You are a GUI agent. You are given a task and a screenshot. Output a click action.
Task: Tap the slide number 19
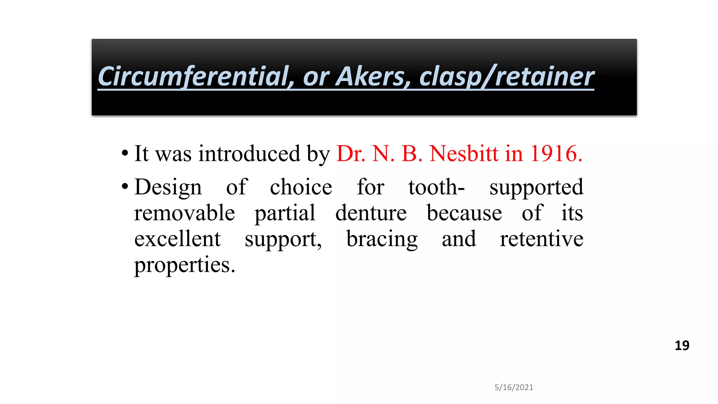click(x=682, y=346)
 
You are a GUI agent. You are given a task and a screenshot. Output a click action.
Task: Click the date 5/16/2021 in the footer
click(x=514, y=387)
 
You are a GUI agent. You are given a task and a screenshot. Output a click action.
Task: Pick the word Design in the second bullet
click(x=168, y=187)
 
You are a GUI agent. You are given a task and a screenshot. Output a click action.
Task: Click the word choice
click(x=301, y=187)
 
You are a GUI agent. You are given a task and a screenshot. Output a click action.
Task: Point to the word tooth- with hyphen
click(x=436, y=187)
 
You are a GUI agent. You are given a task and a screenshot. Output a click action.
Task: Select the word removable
click(x=184, y=213)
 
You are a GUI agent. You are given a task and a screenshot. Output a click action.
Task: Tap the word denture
click(x=371, y=213)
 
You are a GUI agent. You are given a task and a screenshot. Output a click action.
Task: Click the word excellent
click(x=177, y=239)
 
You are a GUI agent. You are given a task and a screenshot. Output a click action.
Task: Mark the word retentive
click(x=541, y=239)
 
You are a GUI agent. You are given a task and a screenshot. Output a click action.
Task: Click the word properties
click(x=184, y=265)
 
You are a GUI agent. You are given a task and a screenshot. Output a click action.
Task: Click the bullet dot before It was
click(x=125, y=153)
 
